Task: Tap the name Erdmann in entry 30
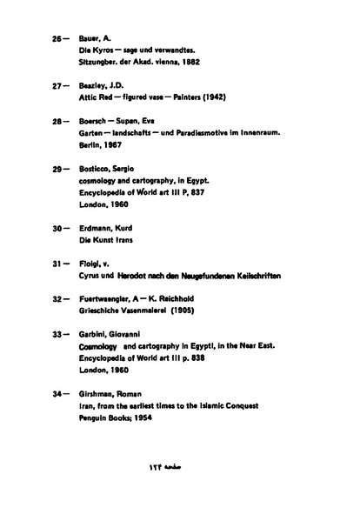83,228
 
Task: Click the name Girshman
83,393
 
